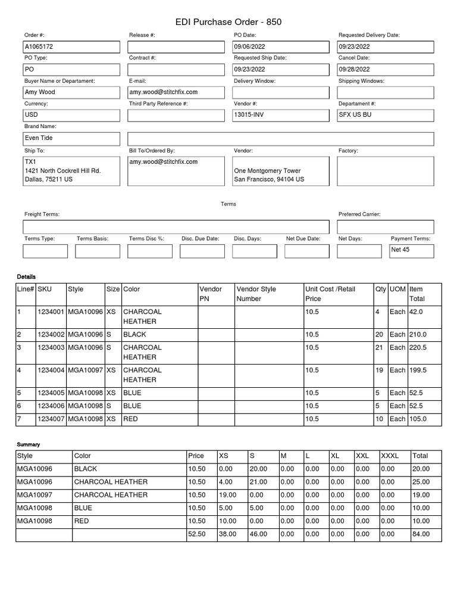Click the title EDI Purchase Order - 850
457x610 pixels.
(x=228, y=22)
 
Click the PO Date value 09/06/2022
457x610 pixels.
(x=251, y=46)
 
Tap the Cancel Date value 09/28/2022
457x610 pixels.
(x=355, y=69)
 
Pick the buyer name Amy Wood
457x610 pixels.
(x=40, y=92)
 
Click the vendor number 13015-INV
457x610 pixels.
(x=249, y=114)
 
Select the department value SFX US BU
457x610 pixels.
(x=355, y=114)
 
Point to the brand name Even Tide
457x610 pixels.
(x=39, y=138)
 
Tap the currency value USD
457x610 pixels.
(x=31, y=114)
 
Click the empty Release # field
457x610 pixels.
(x=176, y=46)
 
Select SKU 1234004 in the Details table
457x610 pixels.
(x=51, y=370)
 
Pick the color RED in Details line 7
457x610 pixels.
(x=132, y=419)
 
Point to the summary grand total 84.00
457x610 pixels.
(x=421, y=534)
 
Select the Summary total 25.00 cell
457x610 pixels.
(x=421, y=482)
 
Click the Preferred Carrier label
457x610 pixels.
(x=359, y=214)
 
